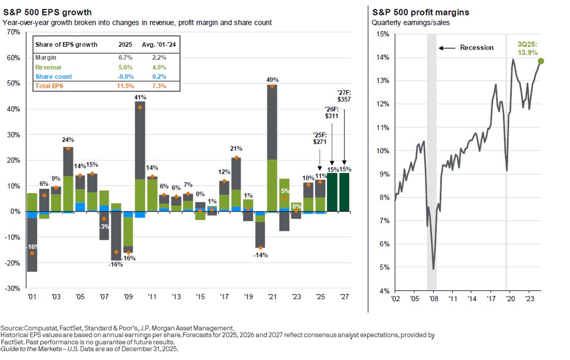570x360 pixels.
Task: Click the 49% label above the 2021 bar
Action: [x=272, y=79]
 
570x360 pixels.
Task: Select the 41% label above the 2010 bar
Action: [x=140, y=97]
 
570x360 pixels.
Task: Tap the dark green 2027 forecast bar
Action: [x=344, y=192]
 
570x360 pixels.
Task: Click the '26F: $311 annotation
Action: [x=332, y=113]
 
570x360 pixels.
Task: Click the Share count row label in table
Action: [x=53, y=76]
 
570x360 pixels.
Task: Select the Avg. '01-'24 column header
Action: [x=160, y=45]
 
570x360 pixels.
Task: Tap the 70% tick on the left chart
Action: [x=13, y=32]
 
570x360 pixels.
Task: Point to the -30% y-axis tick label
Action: [x=12, y=288]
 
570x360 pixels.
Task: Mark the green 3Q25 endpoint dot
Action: [x=541, y=61]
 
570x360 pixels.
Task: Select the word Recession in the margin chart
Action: [x=477, y=48]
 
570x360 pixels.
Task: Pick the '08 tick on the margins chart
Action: [x=434, y=299]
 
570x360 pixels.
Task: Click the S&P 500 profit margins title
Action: [x=412, y=12]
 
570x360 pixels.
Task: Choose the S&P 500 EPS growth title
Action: [x=47, y=12]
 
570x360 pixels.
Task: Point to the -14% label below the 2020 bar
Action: [x=260, y=255]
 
